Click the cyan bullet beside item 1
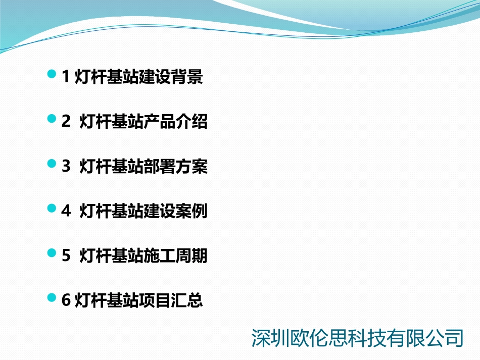pyautogui.click(x=52, y=75)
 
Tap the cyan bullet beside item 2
pyautogui.click(x=52, y=119)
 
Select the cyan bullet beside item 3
pyautogui.click(x=52, y=164)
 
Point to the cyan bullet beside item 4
pyautogui.click(x=52, y=208)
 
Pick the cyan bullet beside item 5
pyautogui.click(x=52, y=253)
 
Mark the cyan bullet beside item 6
pyautogui.click(x=52, y=298)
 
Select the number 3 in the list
pyautogui.click(x=66, y=167)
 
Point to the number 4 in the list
pyautogui.click(x=66, y=212)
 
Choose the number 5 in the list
pyautogui.click(x=66, y=256)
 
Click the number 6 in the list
pyautogui.click(x=66, y=300)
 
